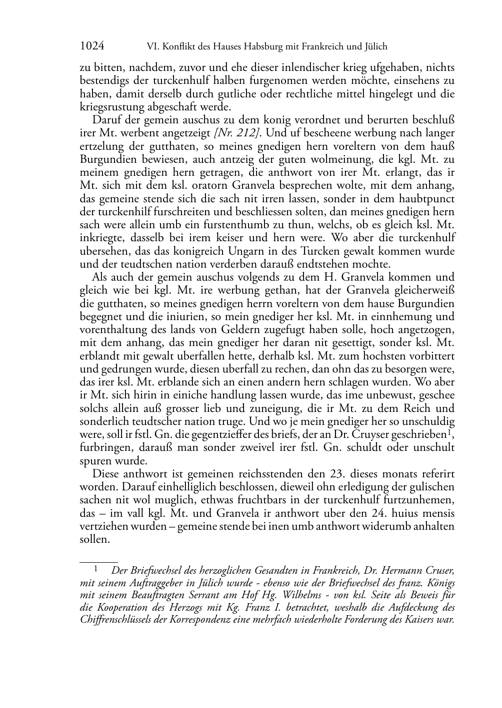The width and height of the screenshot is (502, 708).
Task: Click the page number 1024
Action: coord(92,46)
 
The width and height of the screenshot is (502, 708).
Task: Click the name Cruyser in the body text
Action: coord(369,434)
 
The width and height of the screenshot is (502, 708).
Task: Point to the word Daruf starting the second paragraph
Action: coord(105,120)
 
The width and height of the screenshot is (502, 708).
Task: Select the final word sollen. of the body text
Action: coord(94,539)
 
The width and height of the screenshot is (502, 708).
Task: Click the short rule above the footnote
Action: coord(98,562)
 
